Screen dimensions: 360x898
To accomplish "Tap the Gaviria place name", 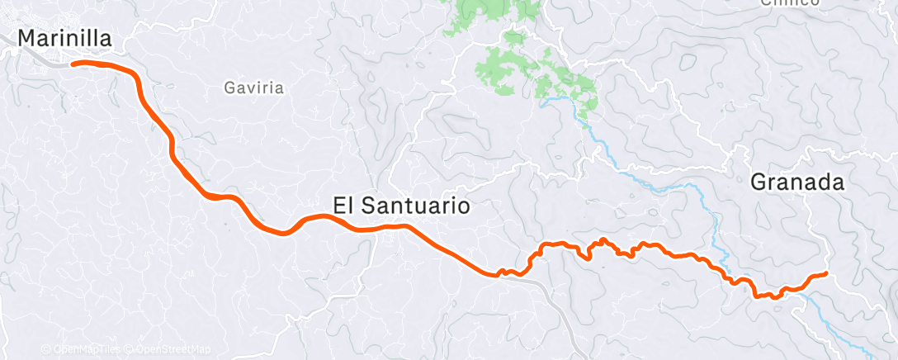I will coord(254,87).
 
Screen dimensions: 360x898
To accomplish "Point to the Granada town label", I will coord(797,183).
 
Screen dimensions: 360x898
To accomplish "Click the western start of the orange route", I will coord(73,63).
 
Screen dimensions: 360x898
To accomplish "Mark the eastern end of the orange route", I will coord(825,273).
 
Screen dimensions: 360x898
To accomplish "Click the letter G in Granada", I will coord(759,183).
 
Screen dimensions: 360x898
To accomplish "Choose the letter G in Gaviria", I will coord(229,87).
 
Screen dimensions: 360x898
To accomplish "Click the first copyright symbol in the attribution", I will coord(46,349).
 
